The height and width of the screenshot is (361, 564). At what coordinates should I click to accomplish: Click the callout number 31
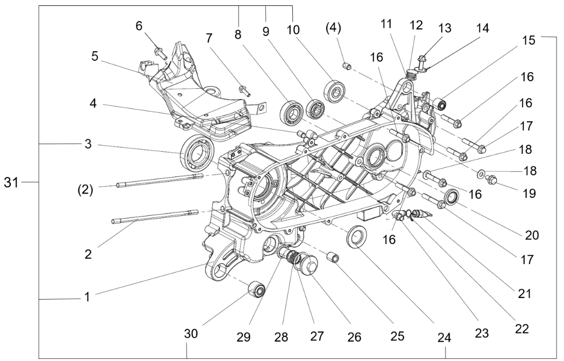click(11, 183)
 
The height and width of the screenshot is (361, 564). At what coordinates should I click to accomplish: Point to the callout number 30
click(191, 334)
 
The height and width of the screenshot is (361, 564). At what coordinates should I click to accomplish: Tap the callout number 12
click(416, 25)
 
